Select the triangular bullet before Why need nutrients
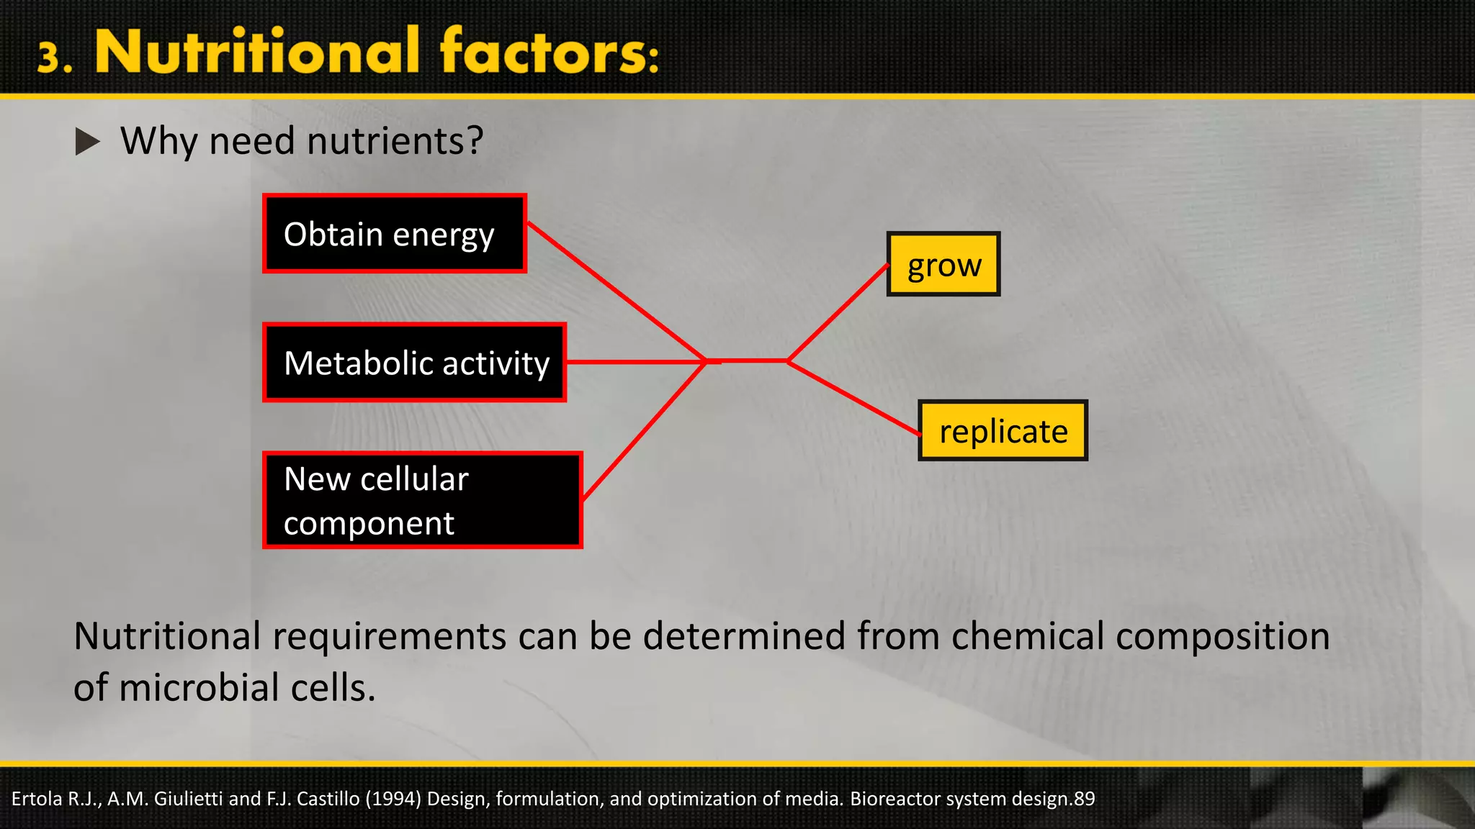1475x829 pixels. pos(87,142)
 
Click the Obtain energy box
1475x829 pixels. pos(395,234)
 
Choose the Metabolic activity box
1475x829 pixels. pos(415,363)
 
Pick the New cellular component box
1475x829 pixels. pos(423,500)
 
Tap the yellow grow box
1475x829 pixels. pos(943,265)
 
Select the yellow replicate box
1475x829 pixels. pos(1003,431)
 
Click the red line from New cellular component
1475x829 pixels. pos(643,430)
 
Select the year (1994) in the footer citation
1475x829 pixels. pos(393,799)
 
